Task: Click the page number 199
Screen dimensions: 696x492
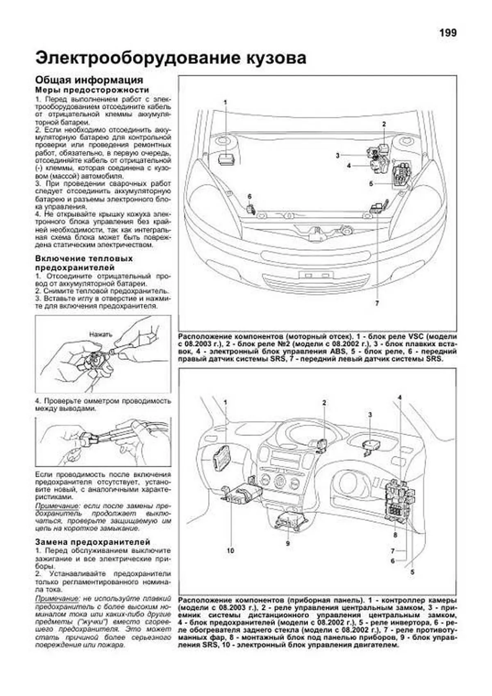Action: tap(448, 33)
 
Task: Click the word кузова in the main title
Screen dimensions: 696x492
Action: tap(270, 58)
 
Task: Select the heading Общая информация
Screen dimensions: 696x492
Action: tap(89, 80)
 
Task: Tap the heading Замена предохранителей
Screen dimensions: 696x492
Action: tap(93, 542)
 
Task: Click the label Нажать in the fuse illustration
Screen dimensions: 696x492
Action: tap(101, 334)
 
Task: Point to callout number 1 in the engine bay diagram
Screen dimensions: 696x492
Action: tap(225, 102)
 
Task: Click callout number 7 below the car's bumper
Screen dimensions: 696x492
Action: tap(376, 304)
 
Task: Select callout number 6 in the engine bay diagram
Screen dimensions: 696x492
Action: tap(249, 196)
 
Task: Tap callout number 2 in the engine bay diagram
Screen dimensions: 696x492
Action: tap(384, 123)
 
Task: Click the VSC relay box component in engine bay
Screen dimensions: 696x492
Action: tap(225, 159)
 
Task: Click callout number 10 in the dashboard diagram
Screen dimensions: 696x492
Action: tap(230, 550)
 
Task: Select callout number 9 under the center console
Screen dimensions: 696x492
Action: tap(288, 543)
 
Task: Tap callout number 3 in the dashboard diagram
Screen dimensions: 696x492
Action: tap(370, 415)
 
